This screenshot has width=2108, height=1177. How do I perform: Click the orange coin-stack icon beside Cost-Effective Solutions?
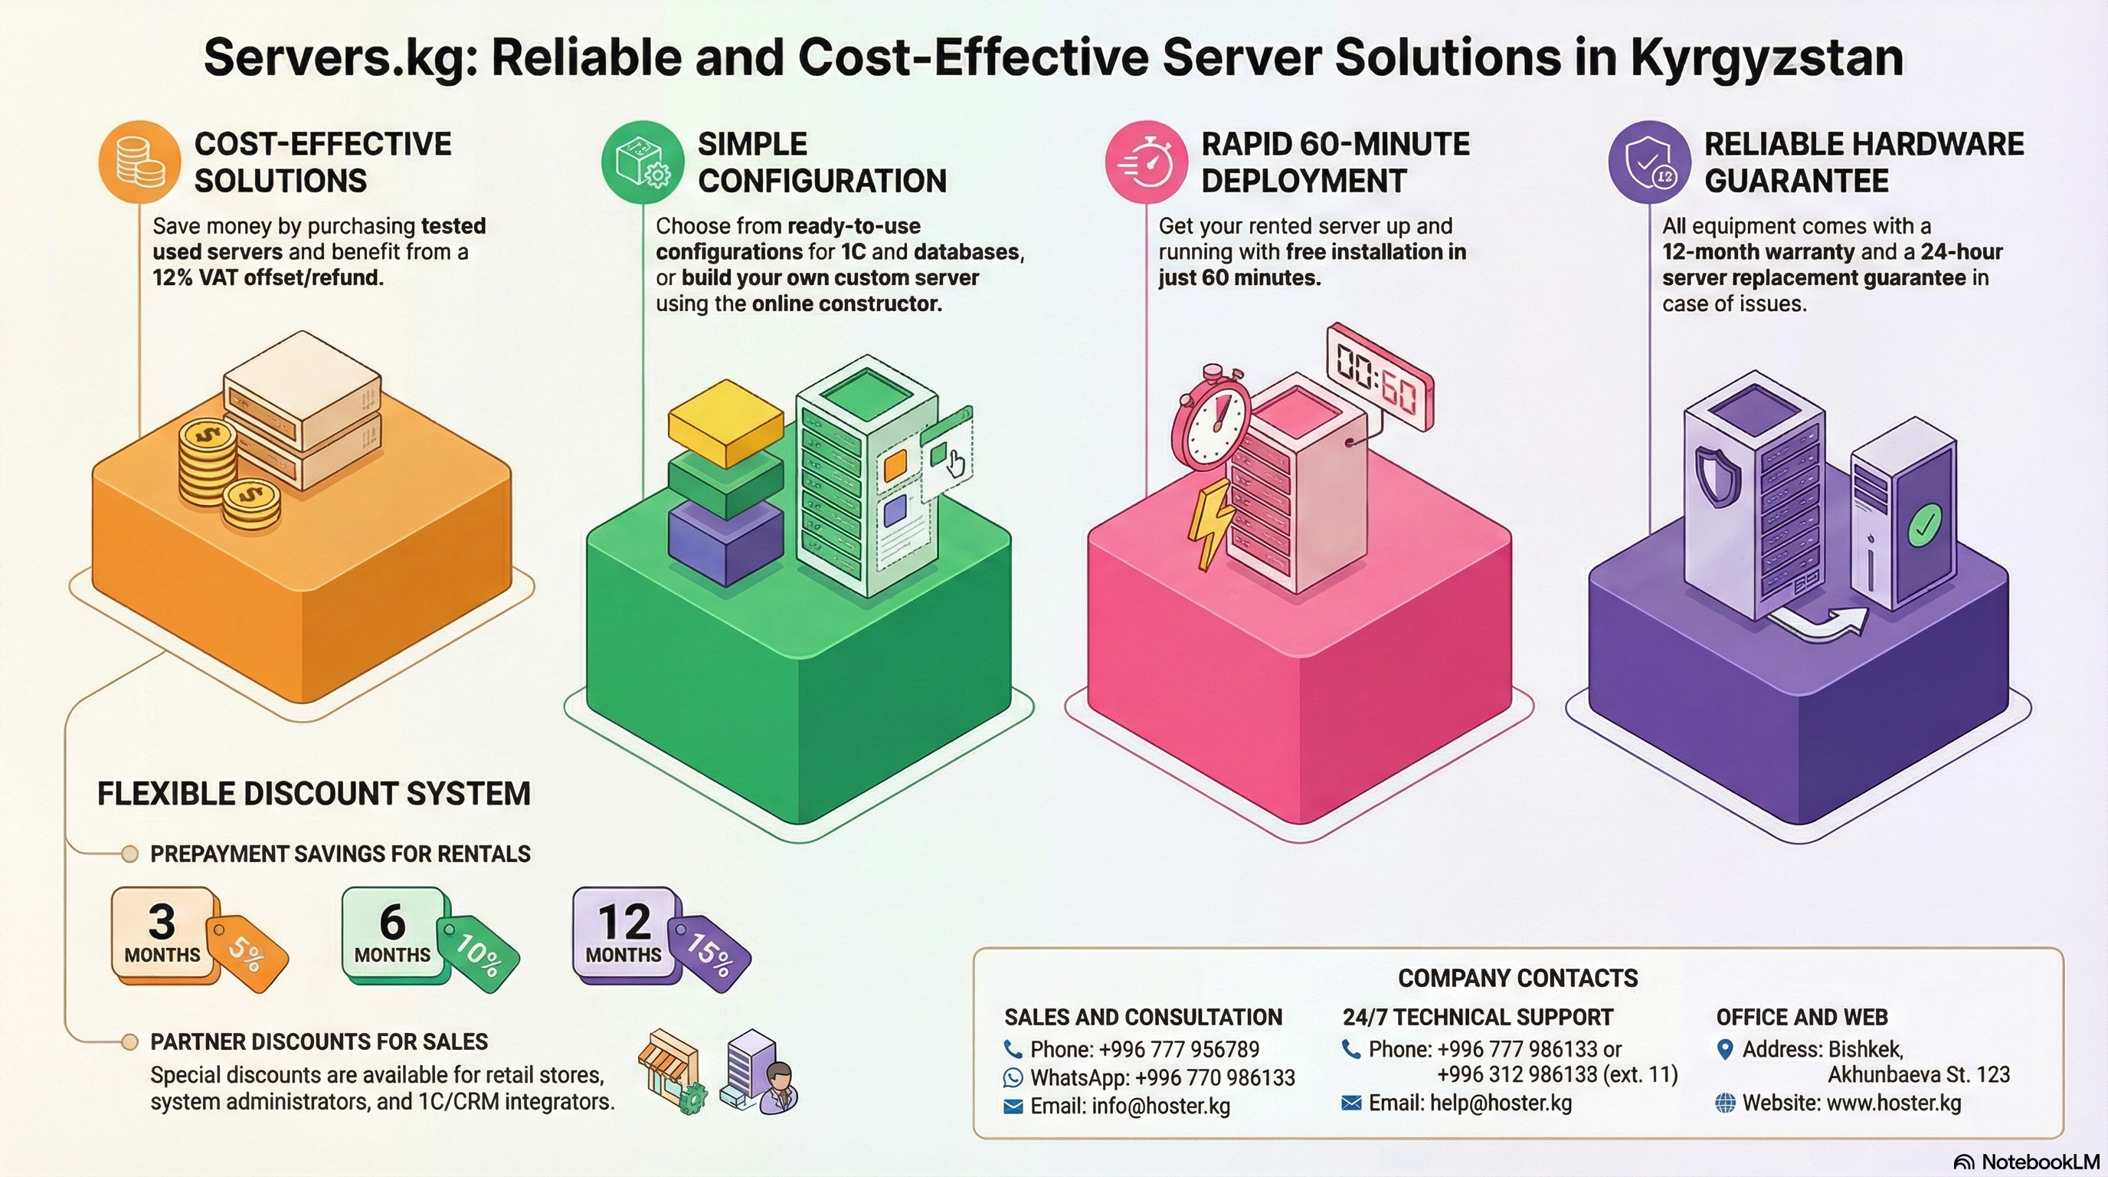point(139,161)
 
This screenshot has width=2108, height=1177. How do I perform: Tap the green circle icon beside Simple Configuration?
point(643,161)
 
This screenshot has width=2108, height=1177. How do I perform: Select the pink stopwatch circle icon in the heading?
point(1146,161)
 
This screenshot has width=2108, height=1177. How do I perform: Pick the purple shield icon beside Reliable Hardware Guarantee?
point(1649,161)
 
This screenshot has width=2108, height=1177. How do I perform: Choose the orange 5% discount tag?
point(247,952)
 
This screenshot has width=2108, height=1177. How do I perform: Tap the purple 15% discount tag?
point(709,952)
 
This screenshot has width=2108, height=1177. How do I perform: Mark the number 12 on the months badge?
point(624,923)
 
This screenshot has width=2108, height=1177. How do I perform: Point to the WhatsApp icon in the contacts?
point(1013,1078)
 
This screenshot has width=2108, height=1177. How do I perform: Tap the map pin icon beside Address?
point(1725,1049)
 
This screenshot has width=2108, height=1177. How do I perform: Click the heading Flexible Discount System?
point(313,794)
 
